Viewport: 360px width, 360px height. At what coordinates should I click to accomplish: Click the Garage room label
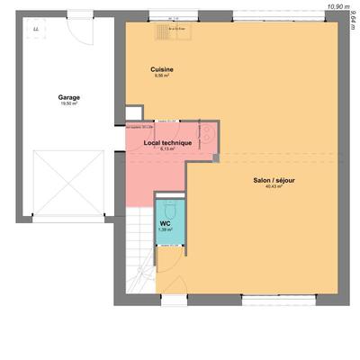[68, 96]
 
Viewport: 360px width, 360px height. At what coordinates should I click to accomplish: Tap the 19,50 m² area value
[68, 103]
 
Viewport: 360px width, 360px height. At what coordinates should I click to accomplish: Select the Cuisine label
[162, 69]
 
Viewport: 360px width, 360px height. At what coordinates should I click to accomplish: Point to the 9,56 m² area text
[162, 76]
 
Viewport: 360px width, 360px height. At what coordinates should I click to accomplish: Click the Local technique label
[166, 141]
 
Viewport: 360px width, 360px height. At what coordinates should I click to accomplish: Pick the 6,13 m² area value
[166, 148]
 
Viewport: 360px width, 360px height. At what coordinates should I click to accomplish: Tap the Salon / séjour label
[274, 181]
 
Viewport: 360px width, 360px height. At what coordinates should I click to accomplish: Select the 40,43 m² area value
[274, 188]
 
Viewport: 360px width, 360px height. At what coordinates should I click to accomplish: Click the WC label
[166, 222]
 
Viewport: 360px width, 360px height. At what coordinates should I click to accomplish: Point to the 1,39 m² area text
[166, 229]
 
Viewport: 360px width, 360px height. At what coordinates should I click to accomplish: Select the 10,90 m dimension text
[337, 6]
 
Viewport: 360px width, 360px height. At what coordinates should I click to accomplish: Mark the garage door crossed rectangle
[69, 184]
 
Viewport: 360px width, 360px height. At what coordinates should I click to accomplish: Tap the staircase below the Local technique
[139, 252]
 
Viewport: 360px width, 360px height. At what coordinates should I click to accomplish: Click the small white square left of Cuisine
[131, 113]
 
